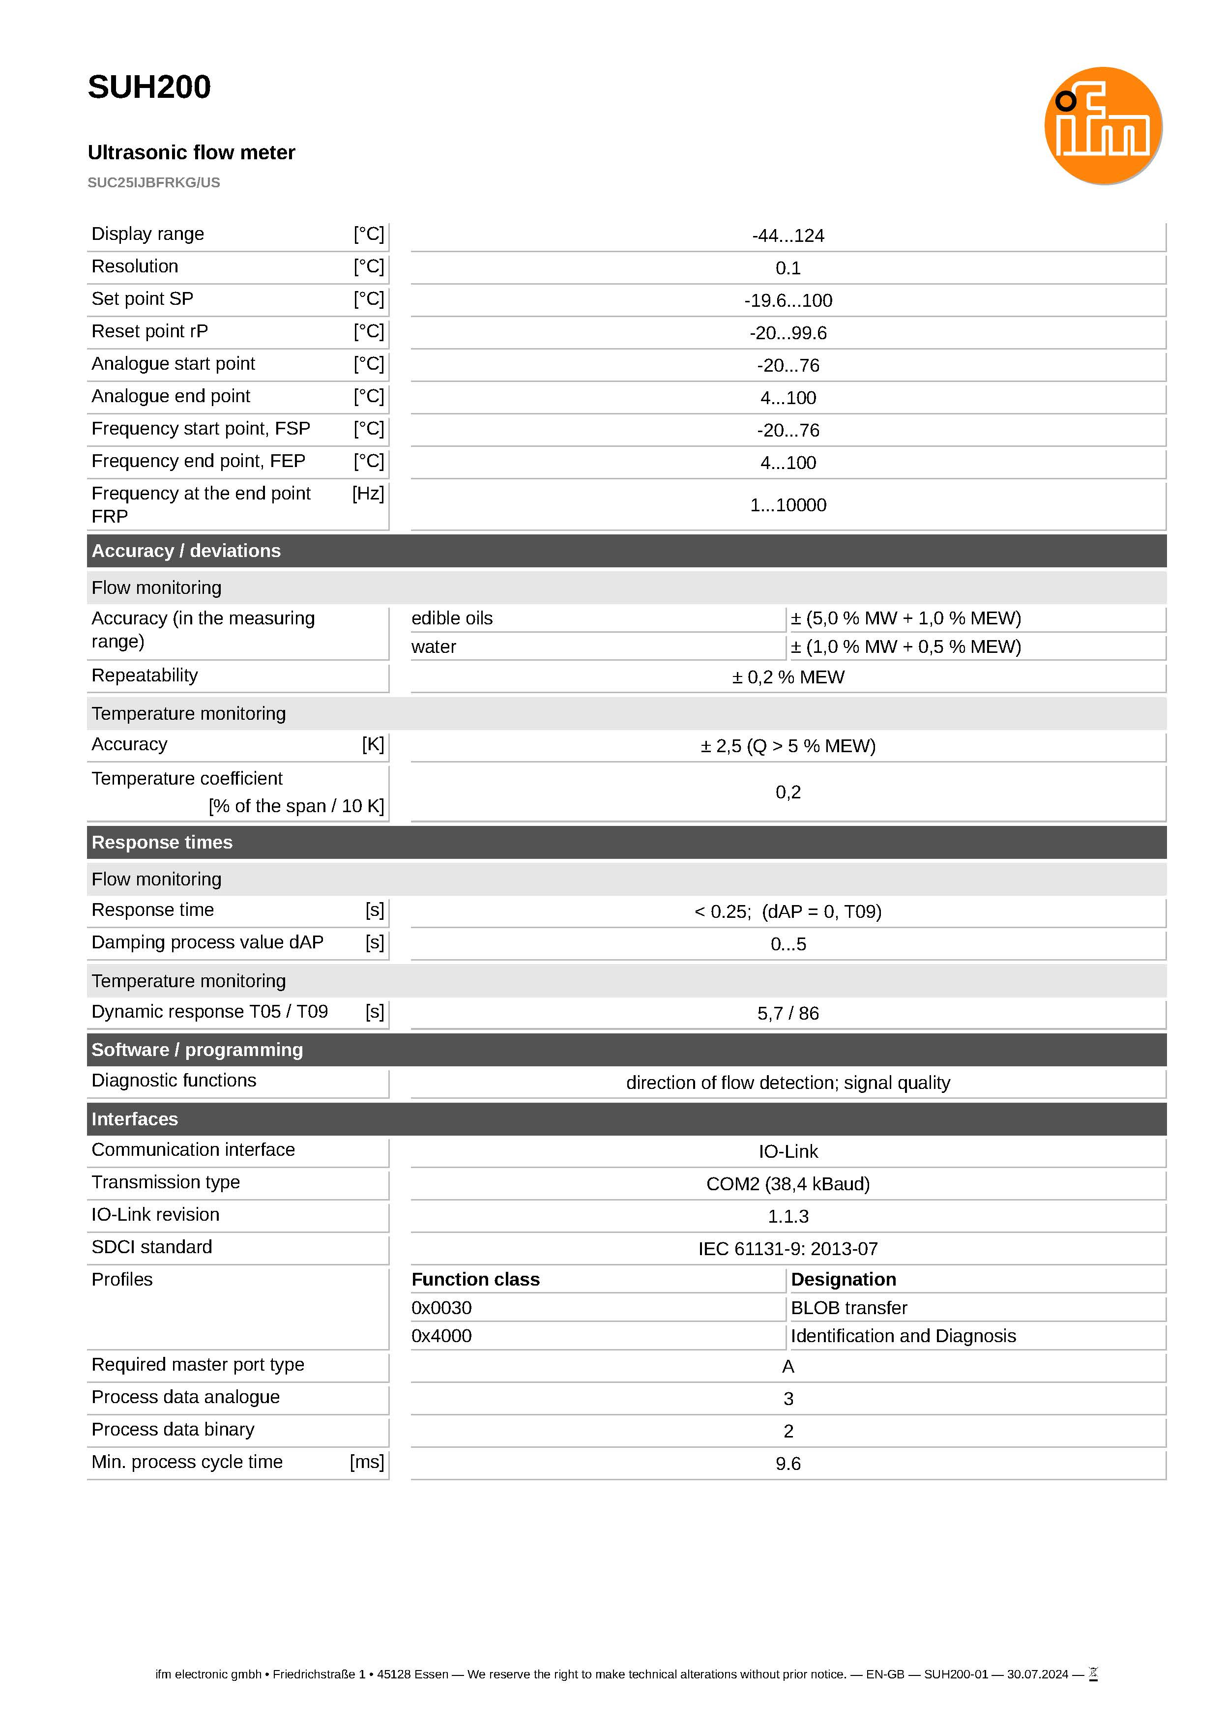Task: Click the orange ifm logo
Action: [1102, 126]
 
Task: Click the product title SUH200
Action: [149, 88]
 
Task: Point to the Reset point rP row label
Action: [149, 332]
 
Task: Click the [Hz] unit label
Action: [368, 494]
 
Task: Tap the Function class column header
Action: [475, 1280]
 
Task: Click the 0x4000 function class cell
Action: [441, 1337]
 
